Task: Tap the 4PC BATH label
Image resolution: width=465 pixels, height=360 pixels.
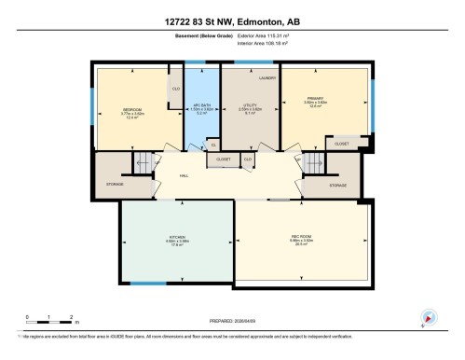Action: (197, 105)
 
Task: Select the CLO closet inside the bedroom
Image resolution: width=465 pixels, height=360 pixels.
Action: (175, 89)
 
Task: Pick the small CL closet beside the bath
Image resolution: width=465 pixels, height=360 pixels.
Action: (212, 145)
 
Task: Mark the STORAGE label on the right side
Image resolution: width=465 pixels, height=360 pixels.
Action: (337, 185)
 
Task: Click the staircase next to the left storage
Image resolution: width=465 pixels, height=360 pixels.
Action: (143, 166)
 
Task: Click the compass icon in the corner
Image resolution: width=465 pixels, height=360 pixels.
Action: (429, 317)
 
